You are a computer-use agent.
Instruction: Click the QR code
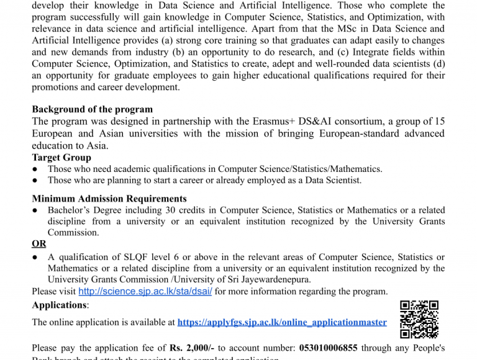point(419,319)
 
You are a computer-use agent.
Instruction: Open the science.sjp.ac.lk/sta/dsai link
point(145,292)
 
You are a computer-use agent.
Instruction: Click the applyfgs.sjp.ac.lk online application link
point(282,322)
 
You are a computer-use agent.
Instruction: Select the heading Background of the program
point(84,109)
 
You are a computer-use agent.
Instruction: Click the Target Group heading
point(61,158)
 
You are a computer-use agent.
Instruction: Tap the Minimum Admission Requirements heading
point(109,199)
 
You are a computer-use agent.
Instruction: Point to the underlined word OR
point(39,244)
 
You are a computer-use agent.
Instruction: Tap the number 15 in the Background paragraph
point(438,121)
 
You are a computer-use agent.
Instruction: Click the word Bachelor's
point(71,210)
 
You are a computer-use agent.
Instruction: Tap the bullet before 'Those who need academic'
point(35,169)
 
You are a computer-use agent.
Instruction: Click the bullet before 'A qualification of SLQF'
point(35,258)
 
